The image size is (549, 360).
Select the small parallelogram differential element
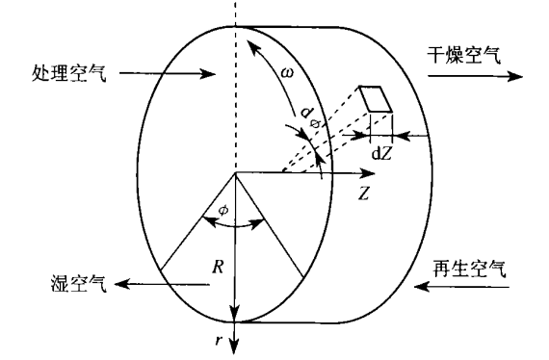(x=376, y=99)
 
